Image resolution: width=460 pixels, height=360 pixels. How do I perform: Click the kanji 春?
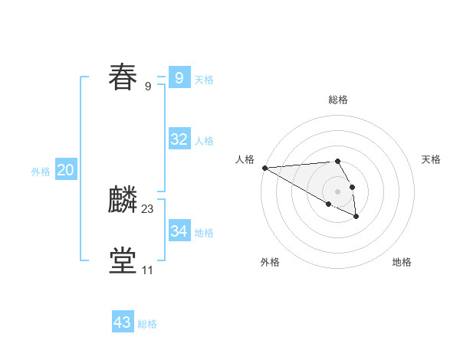coord(123,77)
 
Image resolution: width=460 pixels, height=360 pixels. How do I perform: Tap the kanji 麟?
coord(123,200)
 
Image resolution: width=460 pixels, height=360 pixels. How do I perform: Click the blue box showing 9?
coord(179,77)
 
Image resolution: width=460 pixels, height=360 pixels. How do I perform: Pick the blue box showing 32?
coord(179,139)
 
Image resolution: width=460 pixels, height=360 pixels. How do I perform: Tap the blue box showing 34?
coord(179,231)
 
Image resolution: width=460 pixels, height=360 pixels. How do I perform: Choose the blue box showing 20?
coord(65,170)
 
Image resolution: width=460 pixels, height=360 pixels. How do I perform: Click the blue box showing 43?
coord(123,322)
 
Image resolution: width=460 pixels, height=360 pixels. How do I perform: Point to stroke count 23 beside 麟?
coord(148,208)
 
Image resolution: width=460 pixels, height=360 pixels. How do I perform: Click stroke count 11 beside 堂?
coord(147,270)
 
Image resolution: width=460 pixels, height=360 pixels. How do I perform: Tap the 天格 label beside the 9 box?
coord(204,79)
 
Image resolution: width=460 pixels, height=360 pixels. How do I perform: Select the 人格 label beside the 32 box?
coord(204,141)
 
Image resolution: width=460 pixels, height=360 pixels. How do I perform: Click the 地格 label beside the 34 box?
coord(204,232)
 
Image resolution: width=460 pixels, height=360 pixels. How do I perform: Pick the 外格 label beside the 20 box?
coord(41,172)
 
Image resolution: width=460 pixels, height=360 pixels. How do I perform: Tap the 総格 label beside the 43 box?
coord(147,324)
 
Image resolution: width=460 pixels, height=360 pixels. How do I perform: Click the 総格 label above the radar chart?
coord(337,100)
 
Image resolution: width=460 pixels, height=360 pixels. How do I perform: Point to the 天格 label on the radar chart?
coord(431,159)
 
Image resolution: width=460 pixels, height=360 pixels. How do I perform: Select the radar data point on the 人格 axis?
coord(264,168)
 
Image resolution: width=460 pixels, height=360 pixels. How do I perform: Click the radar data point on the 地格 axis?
coord(356,217)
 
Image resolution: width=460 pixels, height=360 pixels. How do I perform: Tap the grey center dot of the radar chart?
coord(337,191)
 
